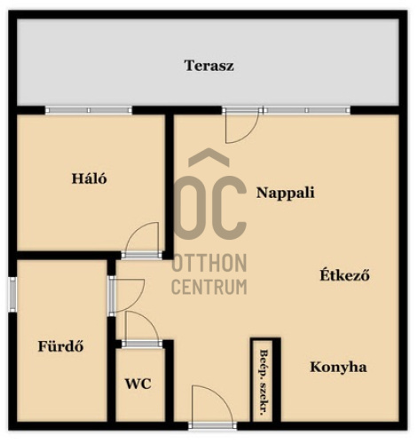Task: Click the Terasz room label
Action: coord(209,66)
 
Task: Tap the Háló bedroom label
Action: coord(89,178)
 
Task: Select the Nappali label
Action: coord(285,193)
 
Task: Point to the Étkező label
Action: coord(344,275)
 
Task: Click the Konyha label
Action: coord(338,368)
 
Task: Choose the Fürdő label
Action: coord(60,345)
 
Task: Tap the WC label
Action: coord(138,384)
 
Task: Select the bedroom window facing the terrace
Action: coord(89,110)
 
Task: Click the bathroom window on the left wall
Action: coord(12,294)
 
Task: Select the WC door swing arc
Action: coord(149,321)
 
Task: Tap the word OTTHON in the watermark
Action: coord(209,263)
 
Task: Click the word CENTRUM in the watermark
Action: coord(209,287)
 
